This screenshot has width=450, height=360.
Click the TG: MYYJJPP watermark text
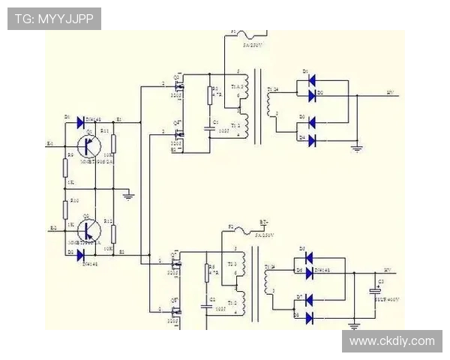tap(54, 19)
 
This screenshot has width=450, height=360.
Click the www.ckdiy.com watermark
tap(391, 341)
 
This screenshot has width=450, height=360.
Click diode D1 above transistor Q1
tap(79, 121)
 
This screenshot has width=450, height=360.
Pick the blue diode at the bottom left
tap(79, 254)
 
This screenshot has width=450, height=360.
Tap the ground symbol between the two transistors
tap(128, 196)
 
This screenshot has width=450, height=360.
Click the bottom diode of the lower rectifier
tap(308, 318)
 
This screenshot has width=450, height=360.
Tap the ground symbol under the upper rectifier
tap(357, 148)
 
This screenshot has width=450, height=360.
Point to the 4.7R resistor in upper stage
tap(211, 94)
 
